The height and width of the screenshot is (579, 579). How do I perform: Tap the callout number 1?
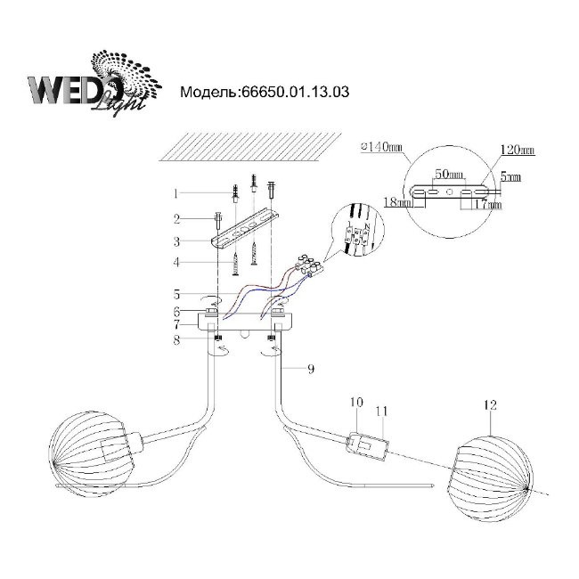pyautogui.click(x=177, y=192)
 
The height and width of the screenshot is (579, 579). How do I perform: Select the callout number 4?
pyautogui.click(x=177, y=263)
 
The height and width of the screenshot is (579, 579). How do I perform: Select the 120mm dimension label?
pyautogui.click(x=517, y=150)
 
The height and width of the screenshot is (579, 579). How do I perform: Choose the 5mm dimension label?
pyautogui.click(x=510, y=178)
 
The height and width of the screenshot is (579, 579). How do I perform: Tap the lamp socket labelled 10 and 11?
pyautogui.click(x=365, y=446)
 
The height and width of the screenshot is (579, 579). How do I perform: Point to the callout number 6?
pyautogui.click(x=177, y=311)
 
